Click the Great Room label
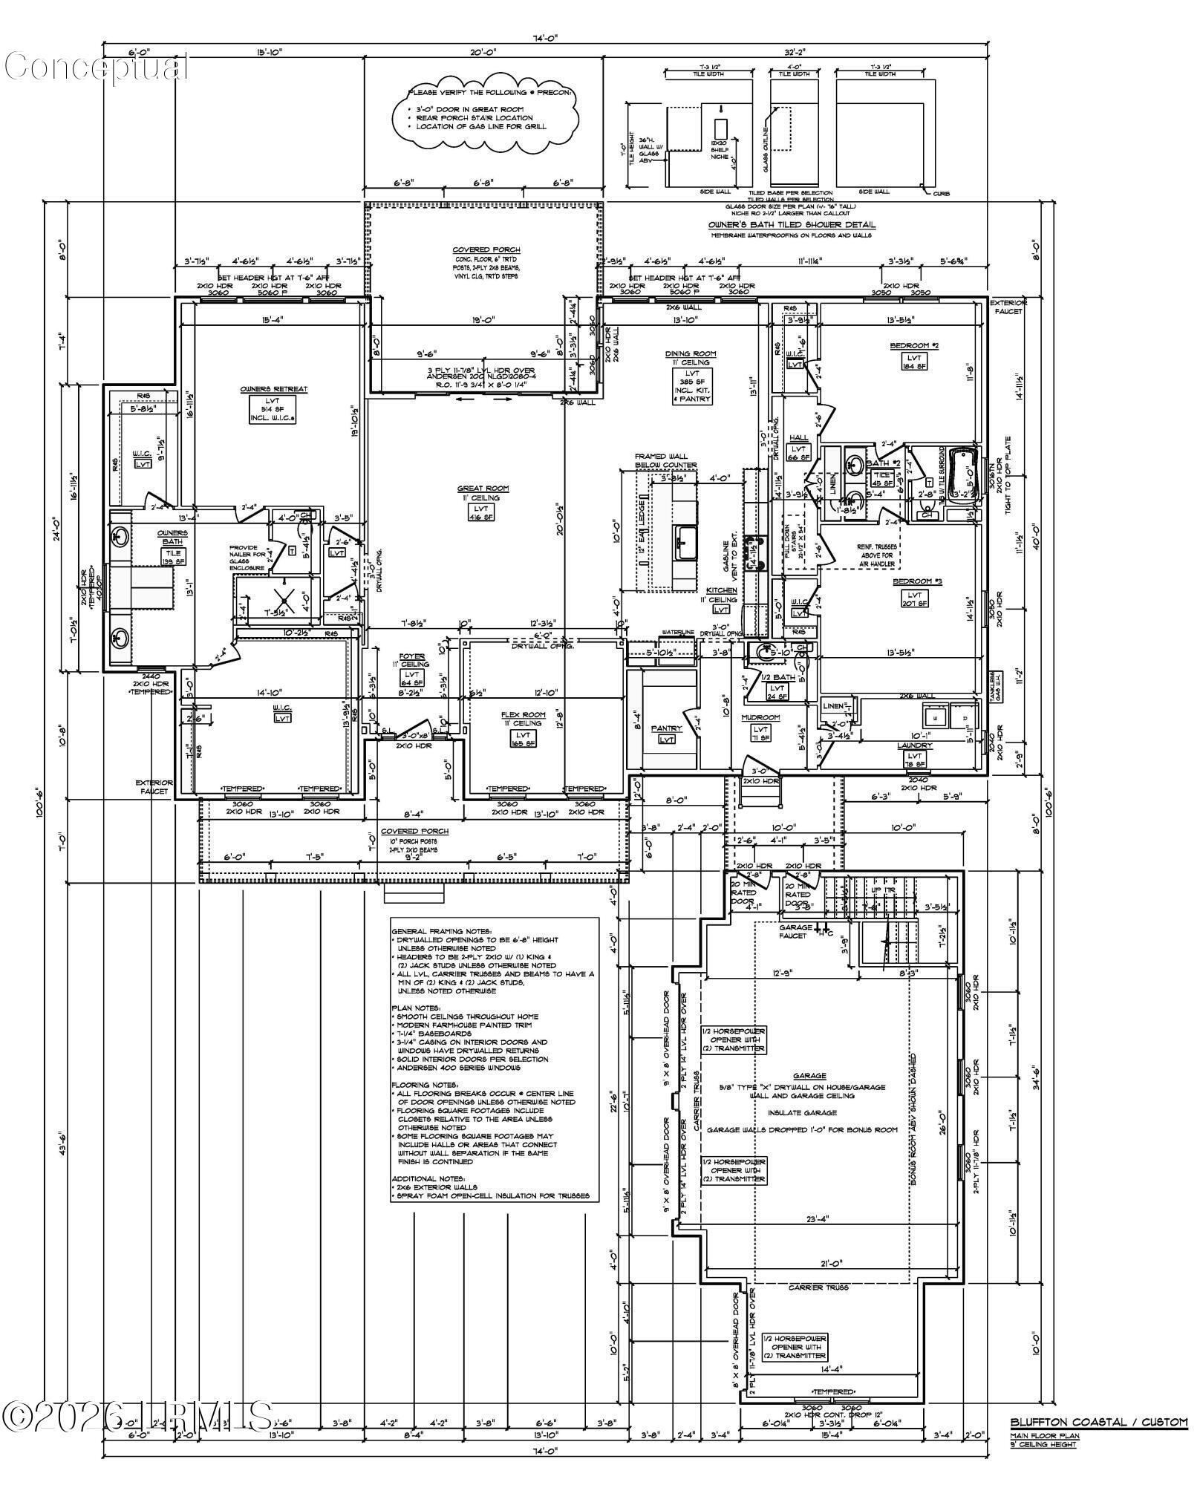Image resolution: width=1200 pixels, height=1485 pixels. pyautogui.click(x=483, y=489)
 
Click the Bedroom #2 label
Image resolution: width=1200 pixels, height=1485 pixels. pyautogui.click(x=915, y=346)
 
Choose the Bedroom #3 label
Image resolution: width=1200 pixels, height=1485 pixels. pyautogui.click(x=917, y=581)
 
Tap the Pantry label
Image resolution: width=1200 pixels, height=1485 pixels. pyautogui.click(x=666, y=729)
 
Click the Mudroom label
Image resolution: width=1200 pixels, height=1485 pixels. pyautogui.click(x=760, y=718)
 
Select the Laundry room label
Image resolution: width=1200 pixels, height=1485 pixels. pyautogui.click(x=913, y=745)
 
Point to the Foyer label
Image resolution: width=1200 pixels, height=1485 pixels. pyautogui.click(x=412, y=656)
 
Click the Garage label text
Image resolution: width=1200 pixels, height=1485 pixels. pyautogui.click(x=809, y=1076)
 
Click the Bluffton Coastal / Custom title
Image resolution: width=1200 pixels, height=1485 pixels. pyautogui.click(x=1098, y=1423)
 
